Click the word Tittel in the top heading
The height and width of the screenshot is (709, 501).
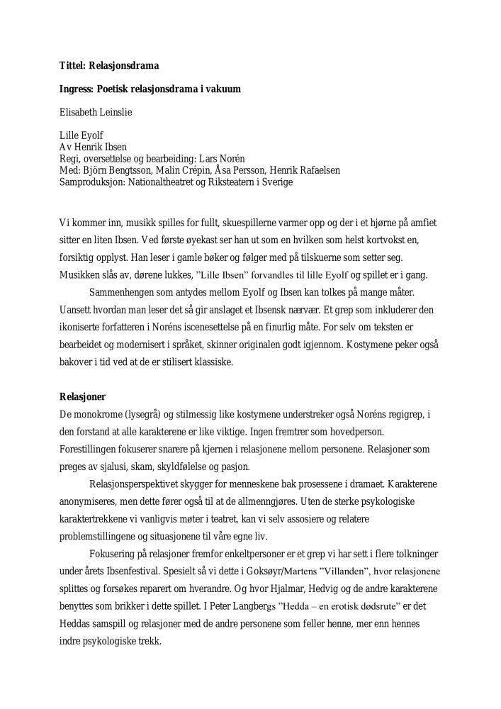tap(72, 66)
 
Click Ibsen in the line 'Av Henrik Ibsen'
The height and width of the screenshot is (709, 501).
tap(113, 147)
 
